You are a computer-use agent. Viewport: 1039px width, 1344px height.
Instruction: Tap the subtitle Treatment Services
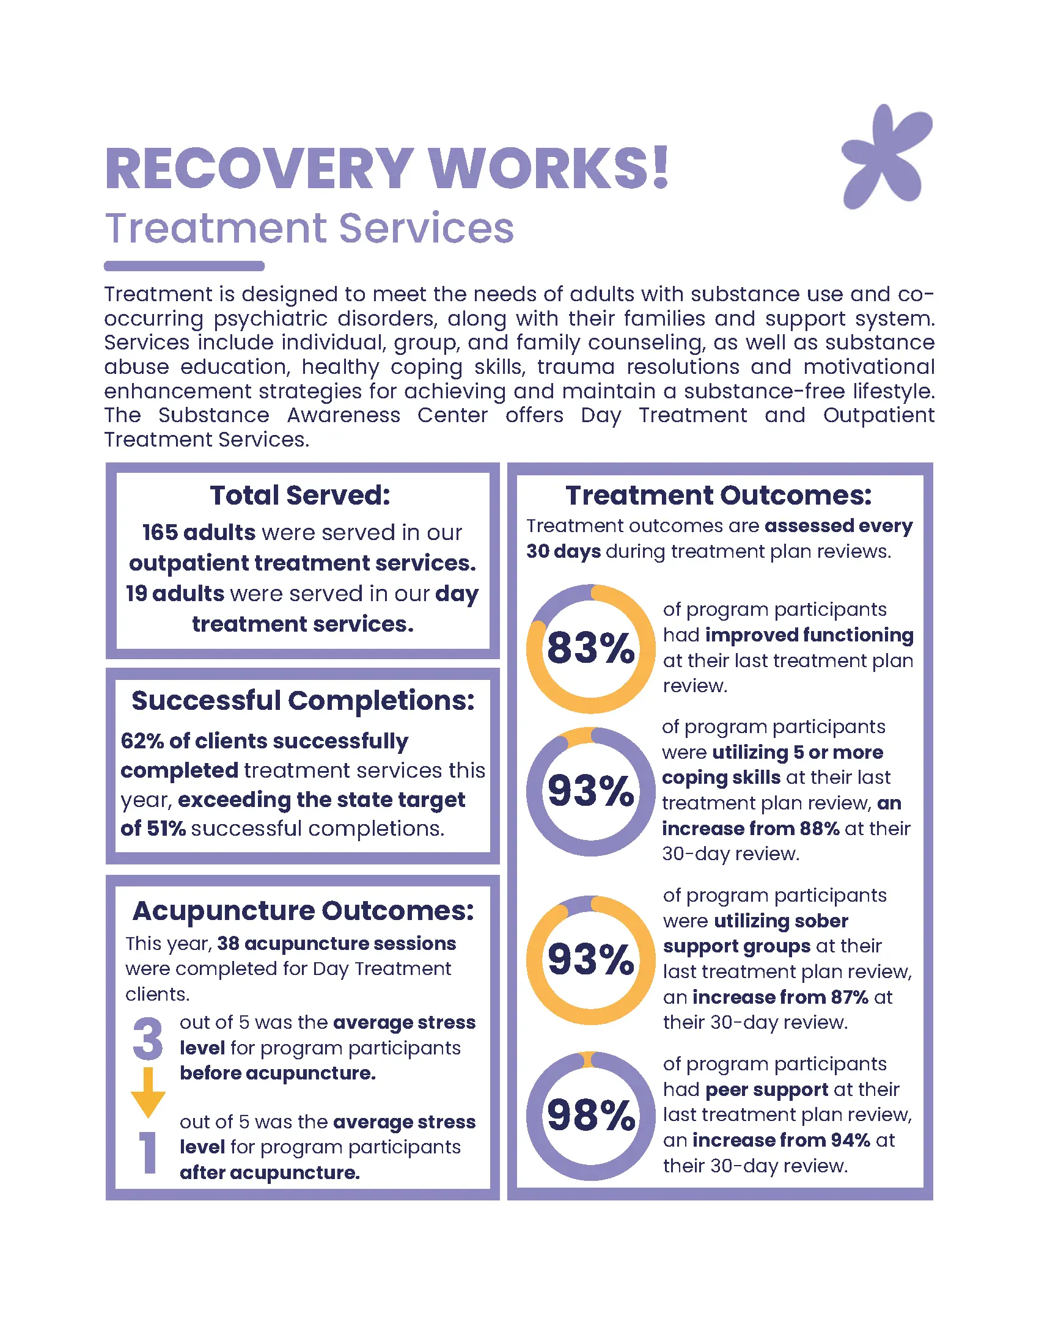pos(309,228)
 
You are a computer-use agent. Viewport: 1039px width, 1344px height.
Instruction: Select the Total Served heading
pos(300,495)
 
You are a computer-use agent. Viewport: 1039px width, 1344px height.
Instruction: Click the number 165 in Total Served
pos(160,532)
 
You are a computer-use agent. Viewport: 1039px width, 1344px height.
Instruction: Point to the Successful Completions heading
pos(303,700)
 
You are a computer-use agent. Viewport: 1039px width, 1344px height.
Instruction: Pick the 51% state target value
pos(166,829)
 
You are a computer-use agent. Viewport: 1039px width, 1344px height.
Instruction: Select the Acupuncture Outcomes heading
pos(303,911)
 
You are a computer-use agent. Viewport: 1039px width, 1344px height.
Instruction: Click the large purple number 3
pos(148,1039)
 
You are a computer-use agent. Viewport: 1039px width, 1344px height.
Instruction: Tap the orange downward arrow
pos(148,1092)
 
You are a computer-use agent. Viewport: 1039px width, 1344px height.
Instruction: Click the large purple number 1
pos(148,1152)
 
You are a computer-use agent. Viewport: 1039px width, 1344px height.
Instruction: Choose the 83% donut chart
pos(590,649)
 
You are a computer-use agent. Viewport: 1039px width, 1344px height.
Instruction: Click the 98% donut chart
pos(590,1115)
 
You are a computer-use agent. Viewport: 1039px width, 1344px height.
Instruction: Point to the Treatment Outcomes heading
pos(718,495)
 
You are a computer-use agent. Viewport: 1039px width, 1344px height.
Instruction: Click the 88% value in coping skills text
pos(820,829)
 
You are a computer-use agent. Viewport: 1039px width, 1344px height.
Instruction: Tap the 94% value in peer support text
pos(850,1141)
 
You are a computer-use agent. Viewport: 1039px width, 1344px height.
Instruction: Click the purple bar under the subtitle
pos(184,266)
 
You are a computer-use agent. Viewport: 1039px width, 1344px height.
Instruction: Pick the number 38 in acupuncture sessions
pos(228,943)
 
